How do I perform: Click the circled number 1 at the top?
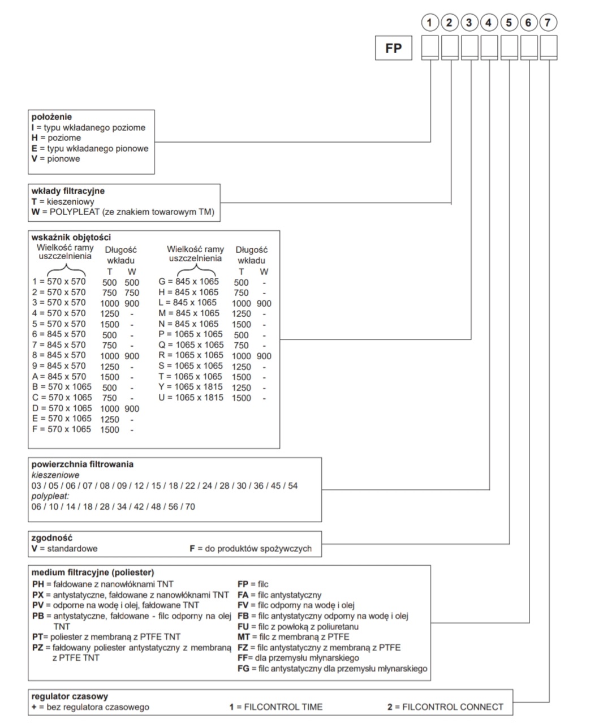click(x=431, y=23)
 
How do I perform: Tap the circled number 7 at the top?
click(x=548, y=23)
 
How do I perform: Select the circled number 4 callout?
click(x=489, y=23)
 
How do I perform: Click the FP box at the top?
click(x=393, y=49)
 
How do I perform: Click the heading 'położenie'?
click(x=51, y=117)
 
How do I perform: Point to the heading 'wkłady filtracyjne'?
click(x=68, y=191)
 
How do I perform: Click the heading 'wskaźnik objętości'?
click(x=71, y=238)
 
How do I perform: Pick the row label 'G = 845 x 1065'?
click(x=188, y=282)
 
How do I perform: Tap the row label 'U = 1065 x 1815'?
click(x=191, y=398)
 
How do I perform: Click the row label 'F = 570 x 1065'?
click(x=62, y=429)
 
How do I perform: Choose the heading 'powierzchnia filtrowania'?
click(x=83, y=464)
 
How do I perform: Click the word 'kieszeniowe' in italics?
click(x=55, y=475)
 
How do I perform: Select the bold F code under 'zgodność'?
click(x=192, y=549)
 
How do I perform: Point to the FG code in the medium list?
click(x=243, y=669)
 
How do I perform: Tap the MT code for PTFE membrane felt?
click(x=244, y=637)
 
